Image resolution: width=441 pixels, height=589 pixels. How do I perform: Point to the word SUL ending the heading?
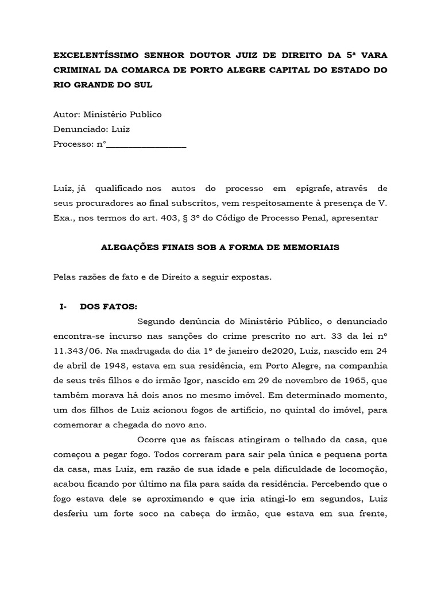click(x=145, y=85)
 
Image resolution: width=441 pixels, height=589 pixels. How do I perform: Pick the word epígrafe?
click(x=311, y=189)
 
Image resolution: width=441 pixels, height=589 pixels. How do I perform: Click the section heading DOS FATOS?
click(x=109, y=307)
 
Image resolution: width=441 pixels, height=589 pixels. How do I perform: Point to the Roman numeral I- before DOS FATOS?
click(x=63, y=307)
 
